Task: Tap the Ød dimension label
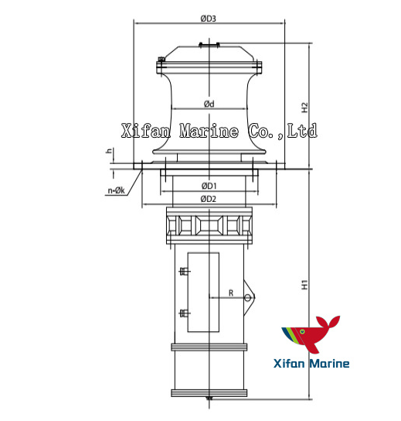point(209,104)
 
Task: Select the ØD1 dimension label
point(209,186)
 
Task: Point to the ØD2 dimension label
point(209,199)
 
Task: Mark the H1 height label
point(305,284)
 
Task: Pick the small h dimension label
point(110,152)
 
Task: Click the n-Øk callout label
point(117,190)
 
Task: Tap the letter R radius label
point(229,293)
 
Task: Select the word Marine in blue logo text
point(328,364)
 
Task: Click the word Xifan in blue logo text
point(288,364)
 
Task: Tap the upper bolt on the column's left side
point(183,272)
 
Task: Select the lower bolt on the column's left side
point(183,313)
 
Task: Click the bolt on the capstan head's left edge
point(160,60)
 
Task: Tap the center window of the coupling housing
point(209,225)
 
